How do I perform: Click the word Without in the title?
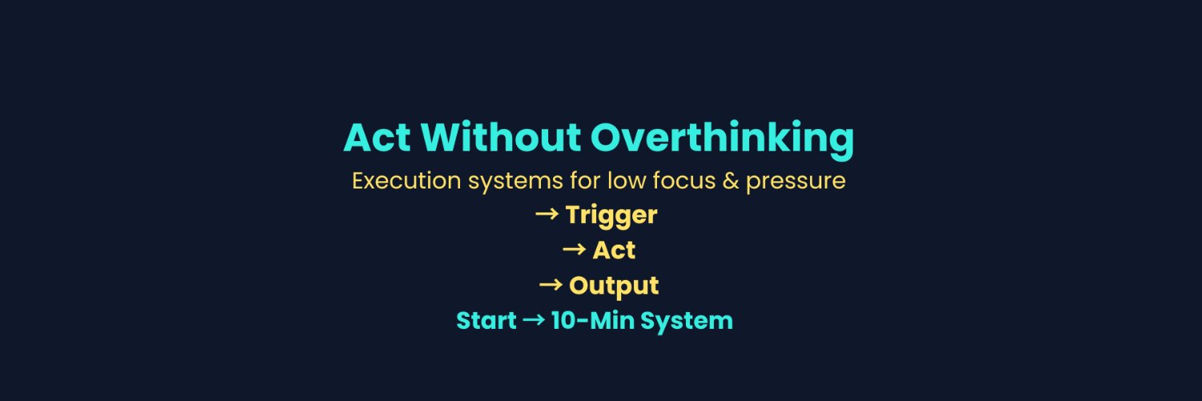501,137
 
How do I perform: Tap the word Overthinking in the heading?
722,140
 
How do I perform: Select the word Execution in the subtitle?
406,180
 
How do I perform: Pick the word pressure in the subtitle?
796,183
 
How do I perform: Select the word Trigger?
611,216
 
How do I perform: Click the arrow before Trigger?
547,214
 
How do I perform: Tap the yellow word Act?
614,250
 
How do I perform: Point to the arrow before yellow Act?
574,249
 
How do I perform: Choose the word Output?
614,286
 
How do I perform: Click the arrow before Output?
551,285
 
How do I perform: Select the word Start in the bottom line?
486,321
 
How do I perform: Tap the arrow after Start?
534,320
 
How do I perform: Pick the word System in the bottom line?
686,322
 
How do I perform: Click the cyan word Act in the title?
377,137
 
